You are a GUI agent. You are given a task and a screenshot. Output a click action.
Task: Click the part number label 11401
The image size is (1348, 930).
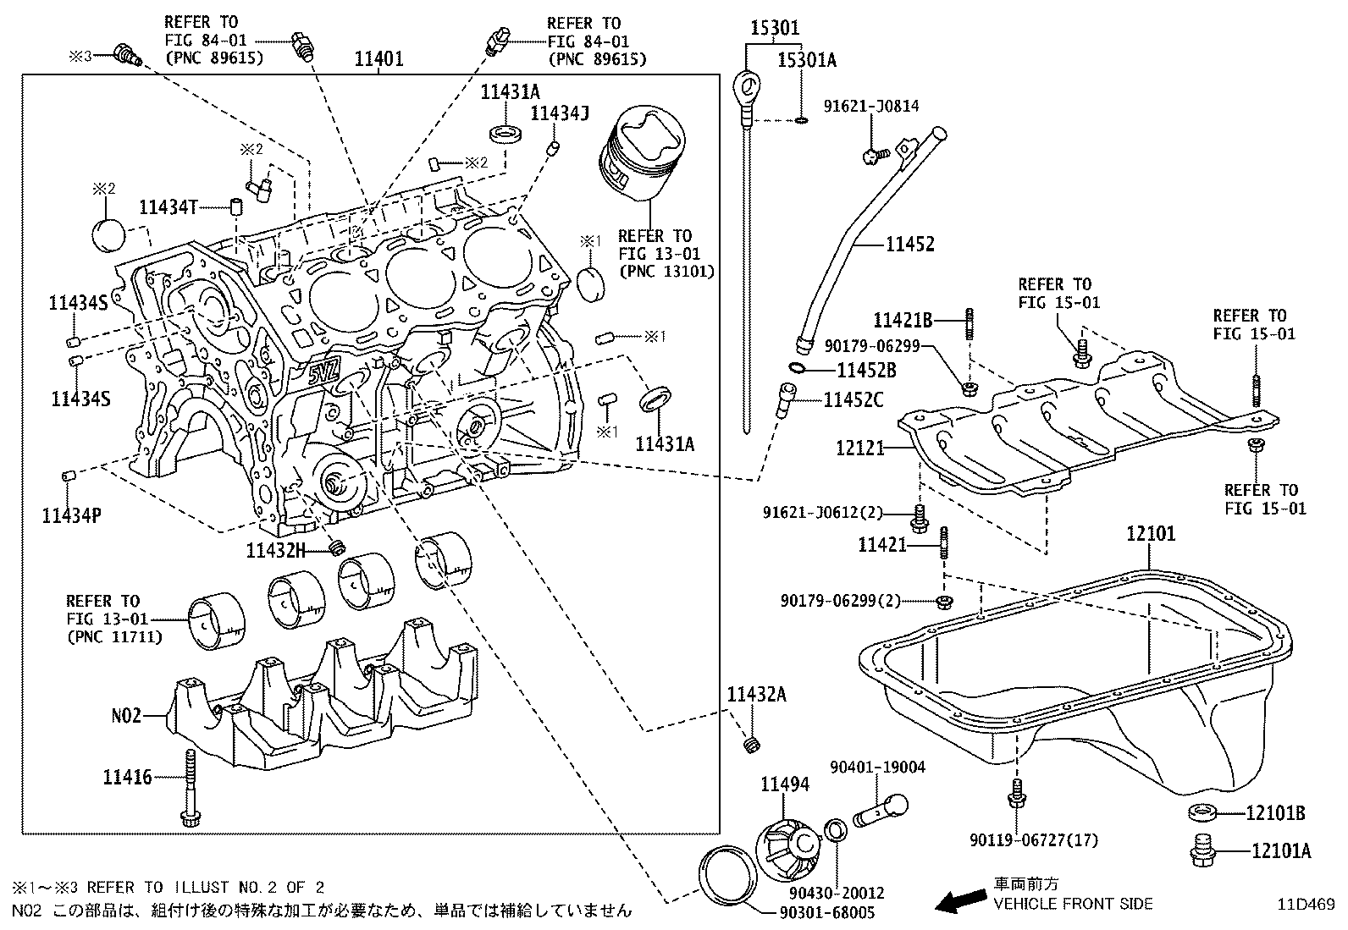pos(378,59)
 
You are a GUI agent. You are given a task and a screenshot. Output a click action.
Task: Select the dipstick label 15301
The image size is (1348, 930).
pos(775,28)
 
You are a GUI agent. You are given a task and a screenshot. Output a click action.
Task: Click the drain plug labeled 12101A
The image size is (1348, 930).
pos(1202,851)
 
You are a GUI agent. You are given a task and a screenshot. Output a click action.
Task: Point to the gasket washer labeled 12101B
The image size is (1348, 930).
pos(1202,814)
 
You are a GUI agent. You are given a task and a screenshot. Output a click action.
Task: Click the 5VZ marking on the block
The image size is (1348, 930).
pos(323,371)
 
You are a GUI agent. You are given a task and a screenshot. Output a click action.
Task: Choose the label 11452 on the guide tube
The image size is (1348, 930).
pos(910,245)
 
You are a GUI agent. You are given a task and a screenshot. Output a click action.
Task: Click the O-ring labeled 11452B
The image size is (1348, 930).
pos(796,368)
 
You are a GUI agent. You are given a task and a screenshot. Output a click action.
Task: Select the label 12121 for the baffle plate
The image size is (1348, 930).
pos(859,447)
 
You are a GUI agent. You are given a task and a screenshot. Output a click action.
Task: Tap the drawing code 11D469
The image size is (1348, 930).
pos(1306,903)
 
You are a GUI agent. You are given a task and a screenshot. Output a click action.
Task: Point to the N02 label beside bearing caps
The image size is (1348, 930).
pos(126,715)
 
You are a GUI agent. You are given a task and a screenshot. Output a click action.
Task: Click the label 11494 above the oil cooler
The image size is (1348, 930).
pos(784,784)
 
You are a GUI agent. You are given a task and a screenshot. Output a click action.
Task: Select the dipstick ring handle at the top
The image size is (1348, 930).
pos(746,85)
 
